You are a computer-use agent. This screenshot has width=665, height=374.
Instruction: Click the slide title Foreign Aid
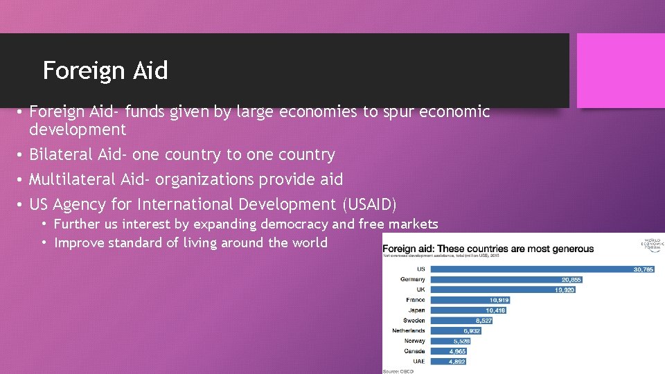click(x=105, y=70)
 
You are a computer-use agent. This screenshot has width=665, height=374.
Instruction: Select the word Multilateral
click(x=72, y=179)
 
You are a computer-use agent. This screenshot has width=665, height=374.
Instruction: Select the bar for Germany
click(x=506, y=279)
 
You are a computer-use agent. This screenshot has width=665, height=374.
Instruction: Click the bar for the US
click(x=540, y=269)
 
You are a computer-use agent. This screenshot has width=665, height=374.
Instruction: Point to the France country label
click(x=416, y=300)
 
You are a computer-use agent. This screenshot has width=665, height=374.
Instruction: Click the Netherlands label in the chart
click(x=409, y=331)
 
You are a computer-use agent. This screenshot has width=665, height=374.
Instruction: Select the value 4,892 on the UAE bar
click(x=456, y=362)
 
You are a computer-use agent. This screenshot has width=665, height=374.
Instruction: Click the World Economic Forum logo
click(x=652, y=246)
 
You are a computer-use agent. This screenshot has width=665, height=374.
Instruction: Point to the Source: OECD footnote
click(x=398, y=371)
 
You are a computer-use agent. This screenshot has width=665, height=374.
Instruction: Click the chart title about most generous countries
click(x=488, y=249)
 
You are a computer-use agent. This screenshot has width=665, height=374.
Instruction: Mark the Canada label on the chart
click(x=414, y=351)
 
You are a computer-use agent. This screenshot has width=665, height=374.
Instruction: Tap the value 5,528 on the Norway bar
click(x=462, y=341)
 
